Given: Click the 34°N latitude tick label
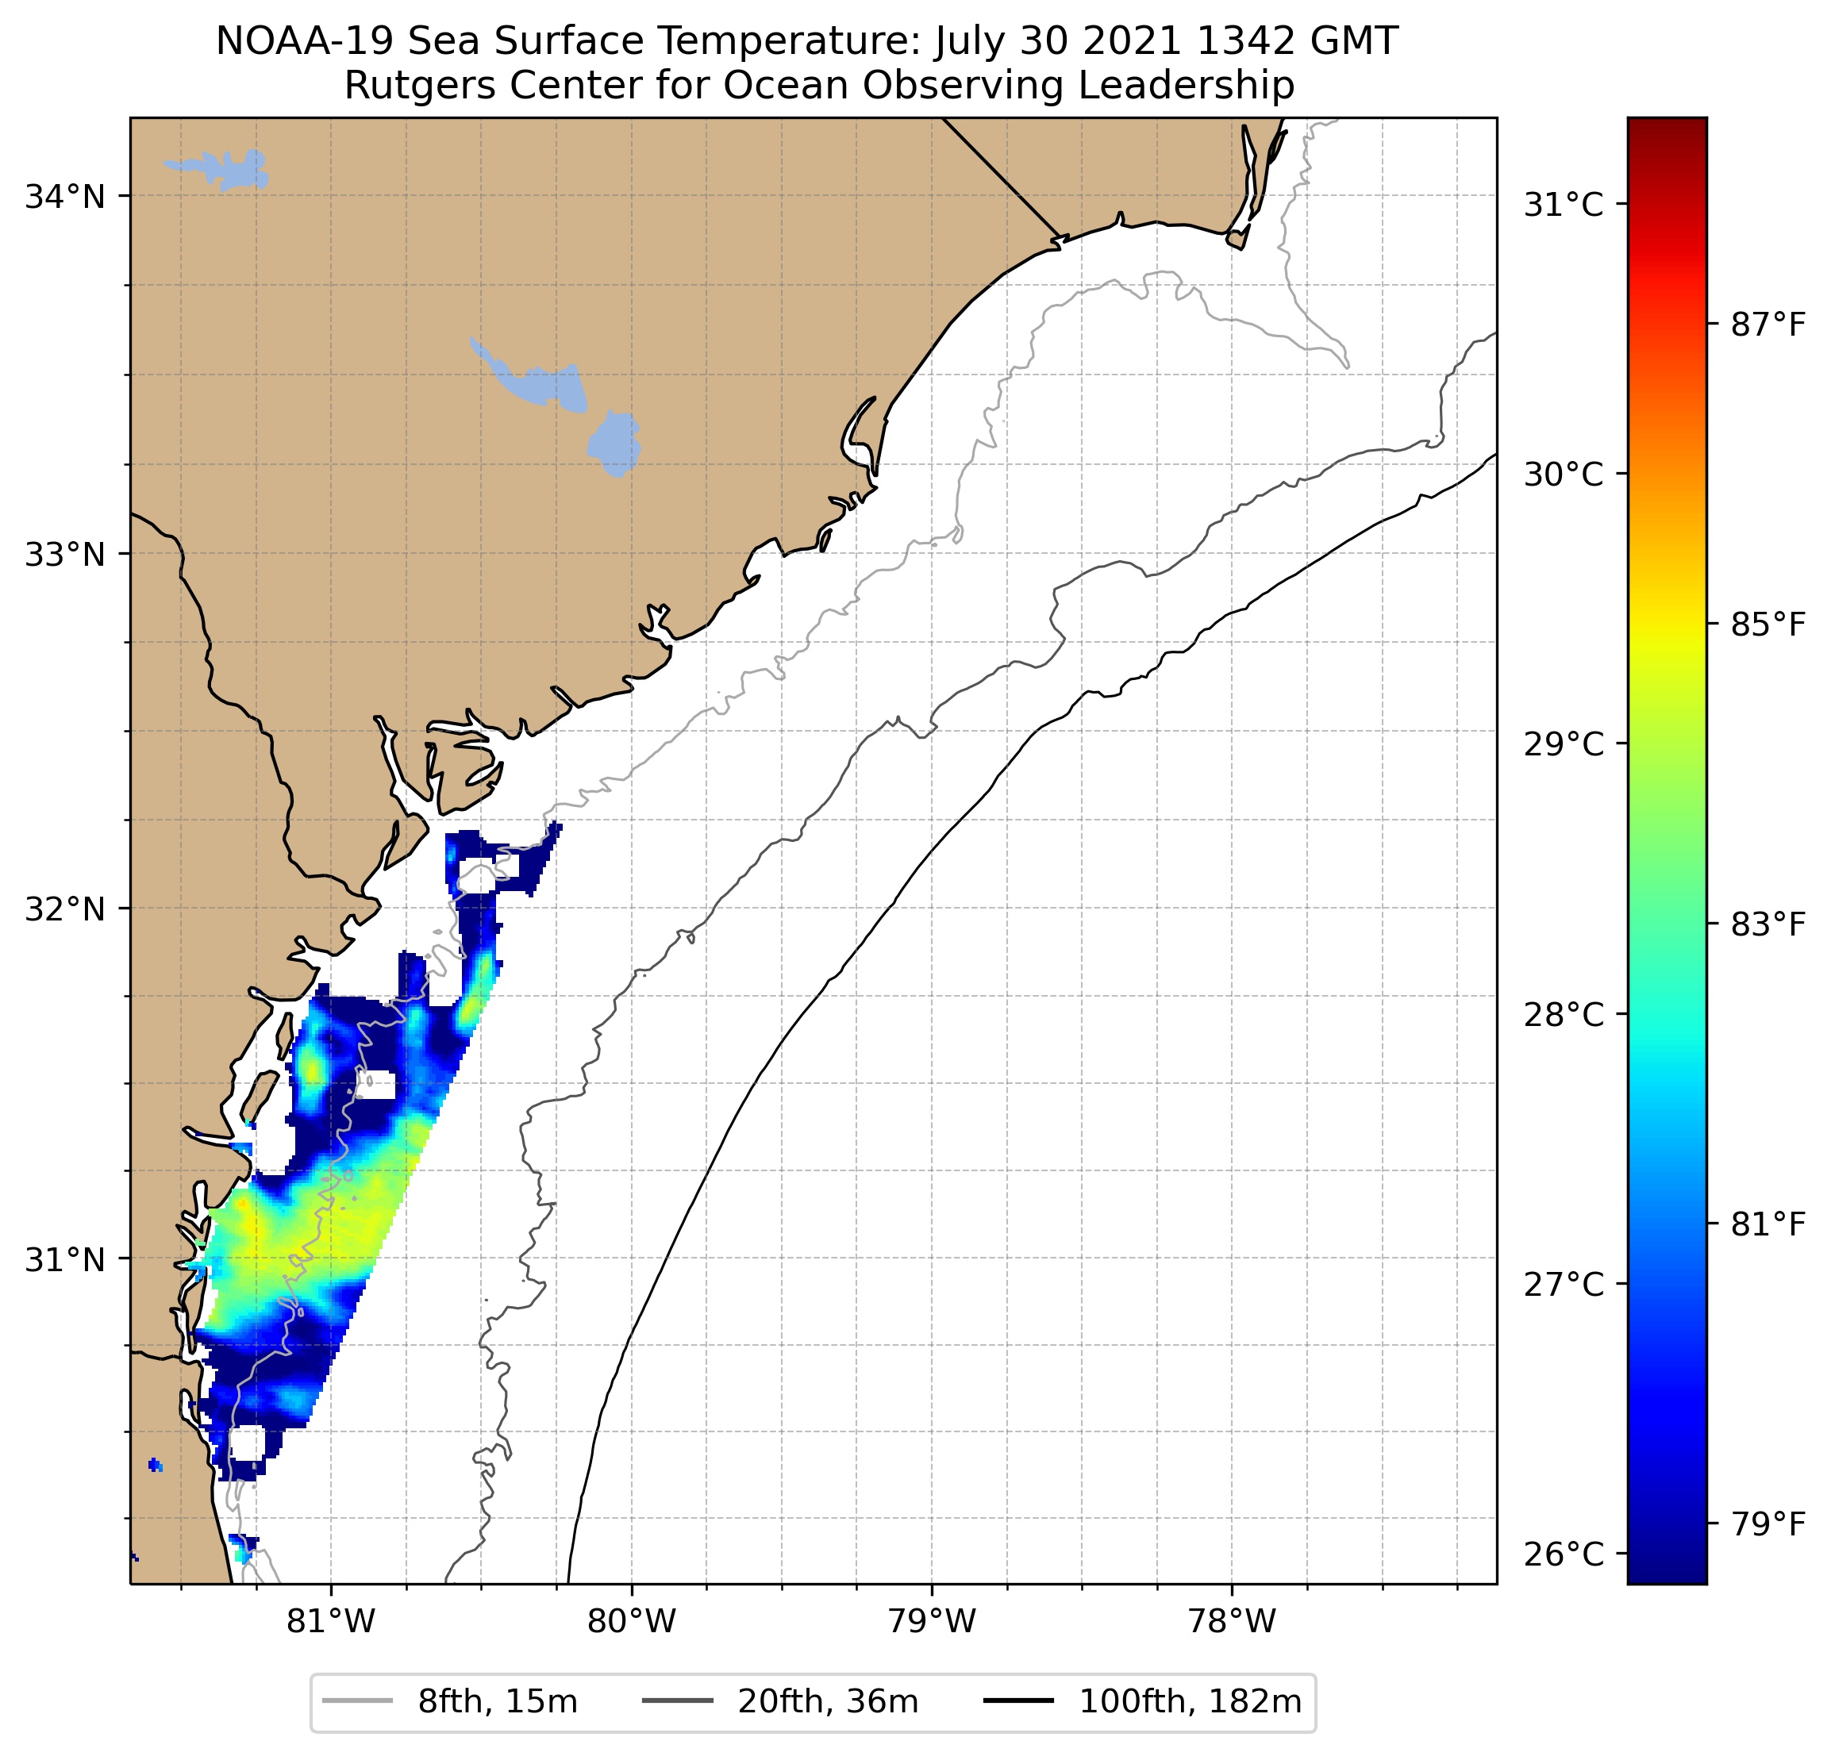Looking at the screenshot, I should (64, 197).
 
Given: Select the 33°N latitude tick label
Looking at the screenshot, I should (64, 555).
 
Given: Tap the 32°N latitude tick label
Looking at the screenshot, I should (64, 909).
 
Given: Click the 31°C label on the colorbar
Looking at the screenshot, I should (1564, 205).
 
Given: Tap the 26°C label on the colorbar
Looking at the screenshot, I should (1564, 1555).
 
